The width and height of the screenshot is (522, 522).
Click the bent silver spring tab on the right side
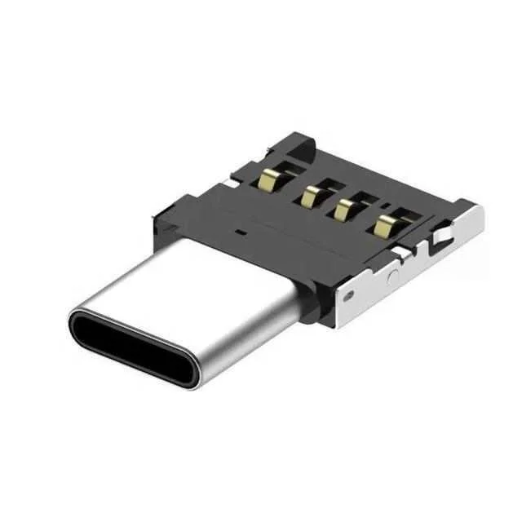coord(440,238)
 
